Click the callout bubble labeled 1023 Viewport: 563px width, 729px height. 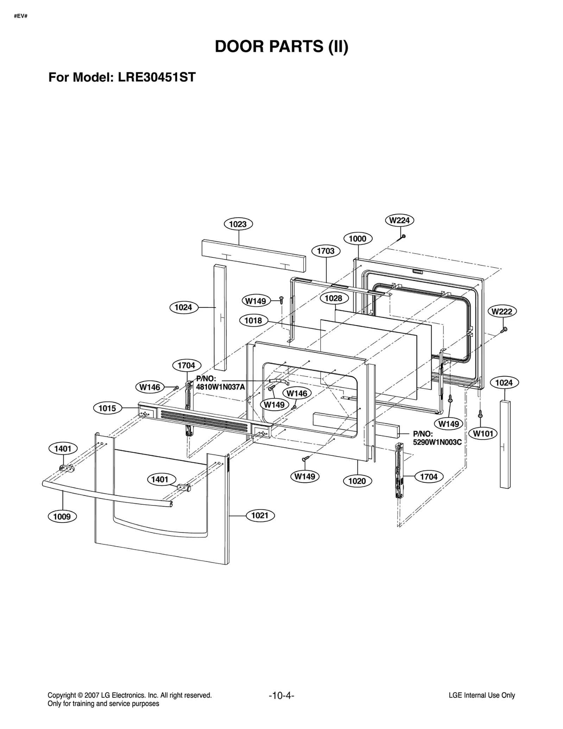(x=238, y=224)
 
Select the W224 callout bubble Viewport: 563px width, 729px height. (x=399, y=220)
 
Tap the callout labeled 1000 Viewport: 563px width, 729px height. (x=358, y=239)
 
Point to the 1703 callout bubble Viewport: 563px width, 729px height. (x=326, y=251)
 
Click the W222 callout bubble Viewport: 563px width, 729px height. (x=502, y=311)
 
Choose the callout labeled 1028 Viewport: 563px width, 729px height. (x=334, y=298)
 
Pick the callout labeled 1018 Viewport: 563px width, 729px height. (x=253, y=320)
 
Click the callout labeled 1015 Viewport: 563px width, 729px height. (x=107, y=408)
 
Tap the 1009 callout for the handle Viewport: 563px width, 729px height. (x=62, y=517)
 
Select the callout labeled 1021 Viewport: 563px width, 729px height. (x=260, y=516)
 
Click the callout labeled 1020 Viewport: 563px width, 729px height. (x=357, y=481)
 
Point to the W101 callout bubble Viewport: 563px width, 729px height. (x=483, y=434)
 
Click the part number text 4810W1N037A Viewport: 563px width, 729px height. (x=220, y=387)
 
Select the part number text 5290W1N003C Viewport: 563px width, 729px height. (x=437, y=442)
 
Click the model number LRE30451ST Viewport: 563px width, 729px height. (x=157, y=77)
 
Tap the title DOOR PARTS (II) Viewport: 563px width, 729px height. (x=281, y=47)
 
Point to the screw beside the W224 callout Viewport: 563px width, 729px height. (x=403, y=236)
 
